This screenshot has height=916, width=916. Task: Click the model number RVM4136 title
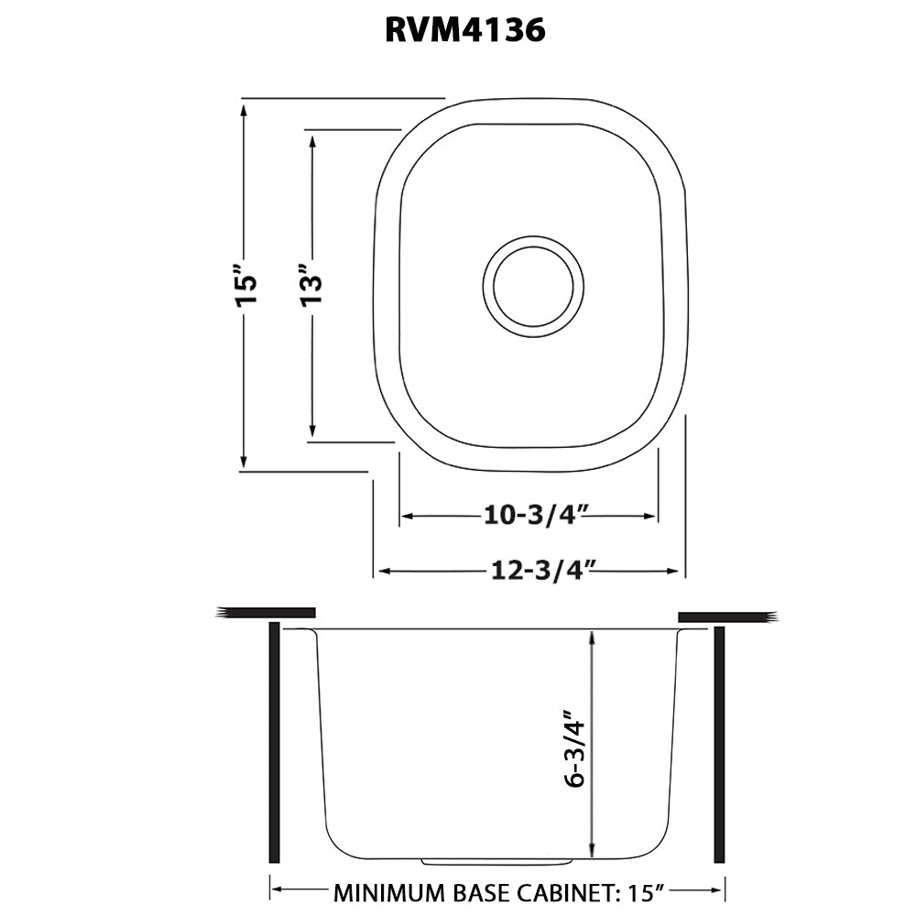click(x=464, y=31)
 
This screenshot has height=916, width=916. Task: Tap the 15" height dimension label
click(x=245, y=286)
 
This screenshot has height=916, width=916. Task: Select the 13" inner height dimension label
click(x=313, y=287)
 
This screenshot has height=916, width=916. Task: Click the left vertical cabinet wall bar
click(x=274, y=742)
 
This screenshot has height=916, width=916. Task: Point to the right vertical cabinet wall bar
click(x=719, y=744)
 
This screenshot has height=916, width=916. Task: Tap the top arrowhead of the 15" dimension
click(x=244, y=109)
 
